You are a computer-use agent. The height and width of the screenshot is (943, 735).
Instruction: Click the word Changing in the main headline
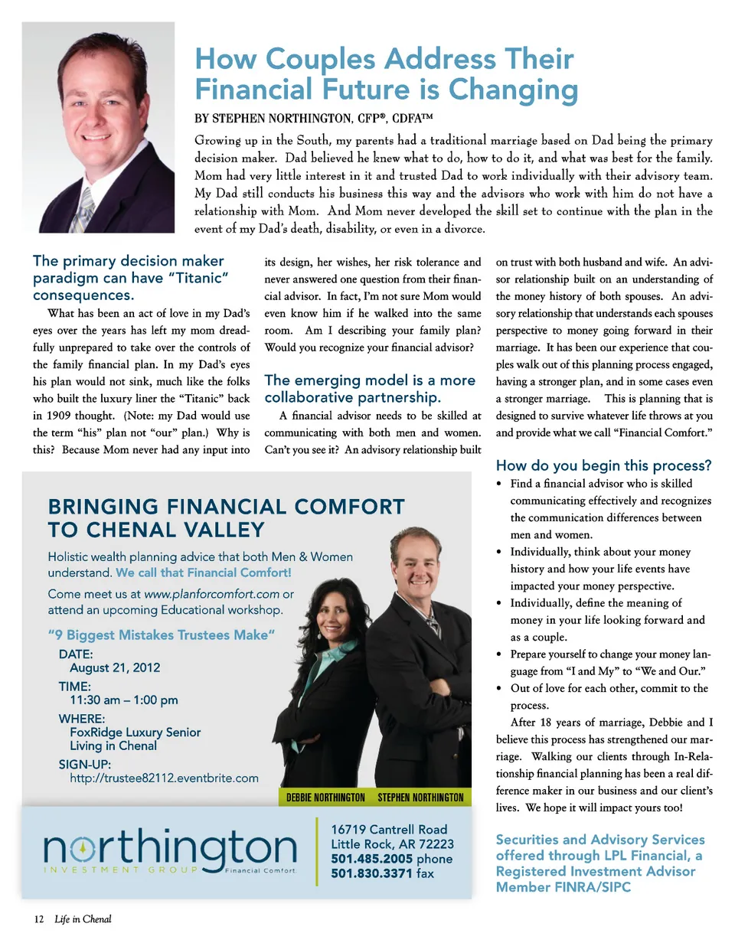click(513, 90)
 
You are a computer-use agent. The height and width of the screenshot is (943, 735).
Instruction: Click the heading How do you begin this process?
click(604, 465)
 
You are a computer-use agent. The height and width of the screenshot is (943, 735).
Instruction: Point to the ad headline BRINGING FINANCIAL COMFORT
click(226, 507)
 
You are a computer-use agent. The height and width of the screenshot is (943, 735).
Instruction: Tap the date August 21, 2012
click(115, 667)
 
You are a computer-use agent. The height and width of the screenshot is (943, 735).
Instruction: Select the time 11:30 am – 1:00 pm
click(124, 700)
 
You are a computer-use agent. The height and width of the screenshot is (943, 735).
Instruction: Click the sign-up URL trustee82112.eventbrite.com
click(165, 778)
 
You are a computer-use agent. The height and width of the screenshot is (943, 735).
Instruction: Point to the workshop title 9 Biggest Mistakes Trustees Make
click(161, 635)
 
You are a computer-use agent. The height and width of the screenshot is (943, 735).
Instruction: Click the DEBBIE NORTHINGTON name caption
click(325, 798)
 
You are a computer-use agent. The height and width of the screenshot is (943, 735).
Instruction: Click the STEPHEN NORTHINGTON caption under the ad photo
click(420, 798)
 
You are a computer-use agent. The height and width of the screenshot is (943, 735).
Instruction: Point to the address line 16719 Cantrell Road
click(389, 830)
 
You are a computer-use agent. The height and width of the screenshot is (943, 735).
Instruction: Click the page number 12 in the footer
click(38, 919)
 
